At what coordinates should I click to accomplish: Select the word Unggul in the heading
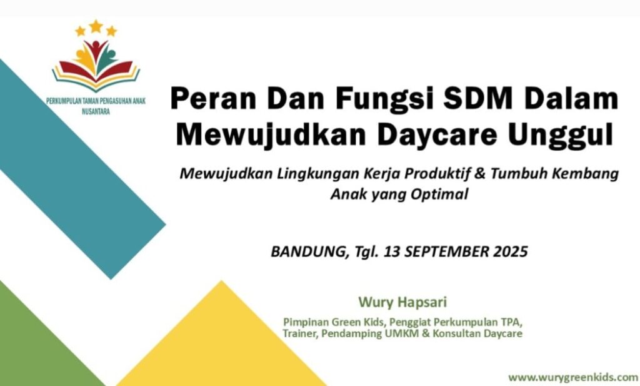click(561, 136)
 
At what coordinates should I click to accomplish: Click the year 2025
click(510, 251)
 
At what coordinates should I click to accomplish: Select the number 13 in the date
click(391, 251)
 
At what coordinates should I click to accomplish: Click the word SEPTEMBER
click(446, 251)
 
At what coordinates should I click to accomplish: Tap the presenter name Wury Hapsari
click(402, 302)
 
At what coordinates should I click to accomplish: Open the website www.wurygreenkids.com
click(574, 377)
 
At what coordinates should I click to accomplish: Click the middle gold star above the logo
click(96, 26)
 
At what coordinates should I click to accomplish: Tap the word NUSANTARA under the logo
click(96, 111)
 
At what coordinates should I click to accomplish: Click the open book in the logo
click(96, 76)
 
